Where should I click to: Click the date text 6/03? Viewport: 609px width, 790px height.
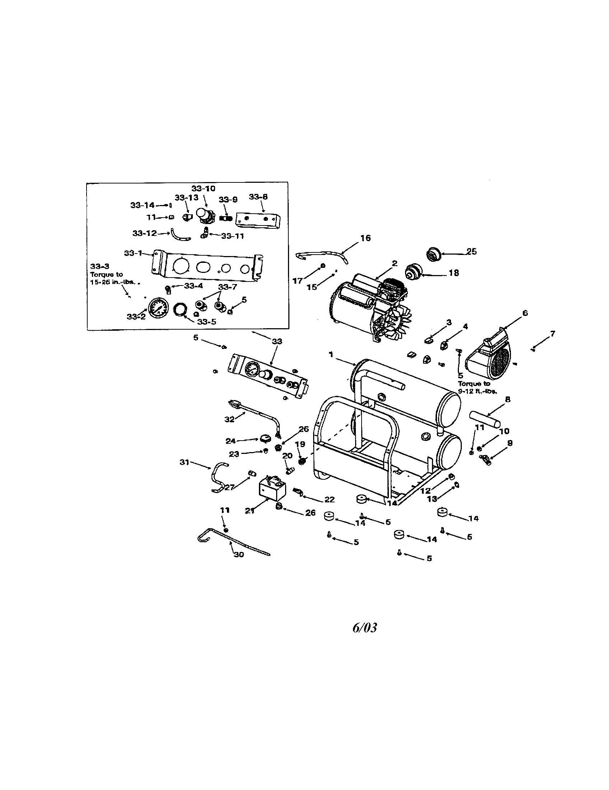[x=364, y=628]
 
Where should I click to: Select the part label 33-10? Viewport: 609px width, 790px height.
[x=203, y=189]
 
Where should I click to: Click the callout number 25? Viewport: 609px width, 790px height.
[x=471, y=251]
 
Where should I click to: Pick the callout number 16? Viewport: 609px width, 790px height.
[x=366, y=238]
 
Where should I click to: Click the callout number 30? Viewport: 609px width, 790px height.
[x=239, y=554]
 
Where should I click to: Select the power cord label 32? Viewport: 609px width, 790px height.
[x=229, y=419]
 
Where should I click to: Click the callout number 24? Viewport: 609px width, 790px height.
[x=231, y=441]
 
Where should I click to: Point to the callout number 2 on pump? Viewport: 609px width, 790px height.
[x=395, y=263]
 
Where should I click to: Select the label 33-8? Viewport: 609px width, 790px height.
[x=258, y=197]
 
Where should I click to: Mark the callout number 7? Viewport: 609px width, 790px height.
[x=552, y=334]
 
